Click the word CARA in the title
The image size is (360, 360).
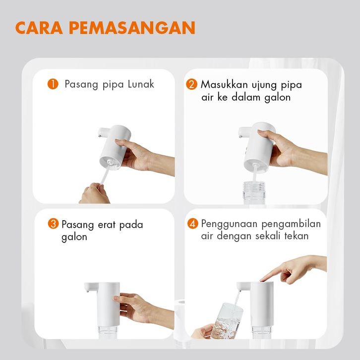[x=39, y=28]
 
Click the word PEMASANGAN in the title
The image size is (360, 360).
[x=132, y=28]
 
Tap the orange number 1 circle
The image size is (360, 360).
[x=53, y=84]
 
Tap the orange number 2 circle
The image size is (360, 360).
[x=191, y=84]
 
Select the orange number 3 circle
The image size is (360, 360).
[x=53, y=224]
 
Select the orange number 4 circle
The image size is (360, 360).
[x=192, y=224]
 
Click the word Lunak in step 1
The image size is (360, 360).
[x=141, y=84]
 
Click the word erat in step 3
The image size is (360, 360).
[x=106, y=225]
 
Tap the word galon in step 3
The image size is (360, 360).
[x=74, y=237]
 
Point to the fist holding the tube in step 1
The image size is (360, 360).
[x=94, y=193]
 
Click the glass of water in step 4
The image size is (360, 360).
[x=227, y=321]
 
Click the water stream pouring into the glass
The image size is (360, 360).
[x=237, y=301]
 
